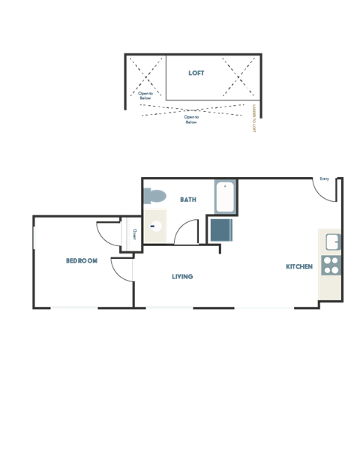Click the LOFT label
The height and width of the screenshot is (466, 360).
tap(196, 73)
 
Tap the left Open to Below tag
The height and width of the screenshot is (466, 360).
tap(145, 95)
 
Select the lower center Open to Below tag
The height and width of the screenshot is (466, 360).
tap(191, 119)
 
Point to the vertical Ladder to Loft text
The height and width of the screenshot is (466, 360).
tap(254, 119)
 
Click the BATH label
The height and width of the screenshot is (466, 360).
tap(187, 200)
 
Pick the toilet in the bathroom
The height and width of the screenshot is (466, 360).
tap(154, 196)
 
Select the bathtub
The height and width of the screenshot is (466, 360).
tap(225, 197)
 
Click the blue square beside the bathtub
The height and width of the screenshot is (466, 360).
tap(221, 230)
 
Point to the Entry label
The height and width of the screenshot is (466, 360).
tap(325, 179)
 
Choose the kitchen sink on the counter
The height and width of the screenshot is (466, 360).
tap(331, 242)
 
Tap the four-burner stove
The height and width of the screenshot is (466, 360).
tap(331, 265)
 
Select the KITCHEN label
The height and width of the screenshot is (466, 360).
tap(298, 266)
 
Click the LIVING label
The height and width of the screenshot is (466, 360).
tap(182, 277)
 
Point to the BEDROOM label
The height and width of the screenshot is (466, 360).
tap(82, 260)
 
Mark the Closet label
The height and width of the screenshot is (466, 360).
tap(133, 234)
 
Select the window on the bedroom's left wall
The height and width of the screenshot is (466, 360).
tap(34, 237)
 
